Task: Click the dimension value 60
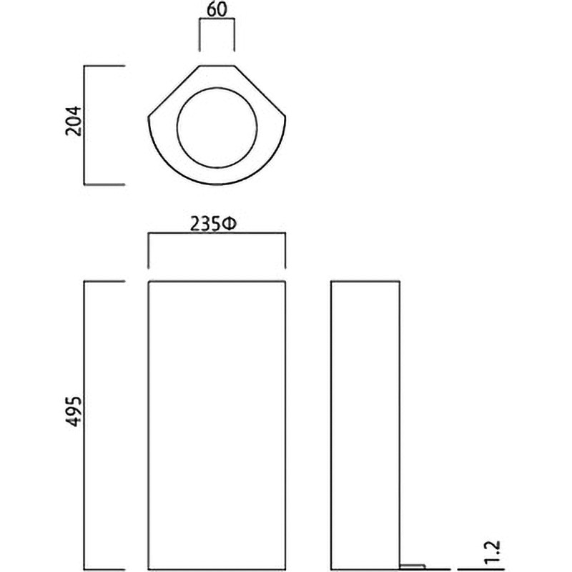tap(217, 9)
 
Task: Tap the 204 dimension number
tap(74, 121)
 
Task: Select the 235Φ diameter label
tap(213, 224)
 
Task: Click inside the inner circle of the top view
tap(217, 128)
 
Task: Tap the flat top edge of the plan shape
tap(217, 66)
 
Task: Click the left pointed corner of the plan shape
tap(148, 117)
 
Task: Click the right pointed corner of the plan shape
tap(285, 117)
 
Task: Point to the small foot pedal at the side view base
tap(413, 566)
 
